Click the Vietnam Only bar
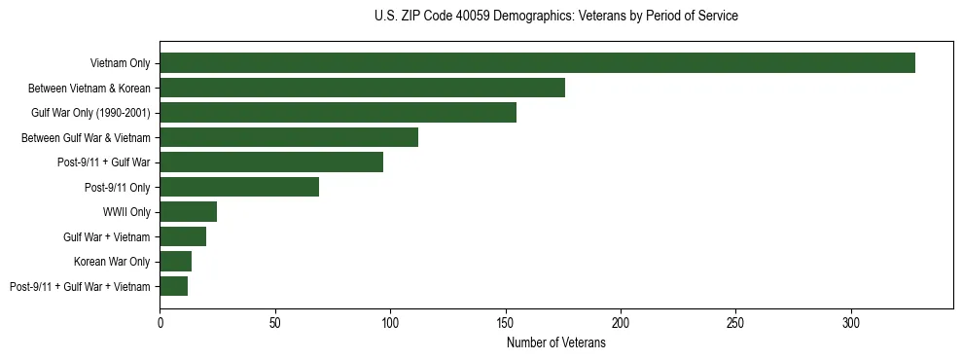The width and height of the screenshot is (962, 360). tap(537, 63)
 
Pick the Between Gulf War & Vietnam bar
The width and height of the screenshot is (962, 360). tap(289, 137)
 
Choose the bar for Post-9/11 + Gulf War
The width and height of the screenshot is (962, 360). tap(271, 162)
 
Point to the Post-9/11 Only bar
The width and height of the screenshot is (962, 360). tap(239, 187)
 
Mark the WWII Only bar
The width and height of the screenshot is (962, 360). tap(189, 212)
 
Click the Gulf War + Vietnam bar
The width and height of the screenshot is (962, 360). tap(183, 236)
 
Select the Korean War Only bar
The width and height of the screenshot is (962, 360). tap(176, 262)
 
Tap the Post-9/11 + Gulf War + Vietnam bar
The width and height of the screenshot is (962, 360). tap(174, 286)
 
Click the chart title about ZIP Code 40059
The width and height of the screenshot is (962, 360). tap(555, 17)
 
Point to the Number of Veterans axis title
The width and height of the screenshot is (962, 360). tap(555, 343)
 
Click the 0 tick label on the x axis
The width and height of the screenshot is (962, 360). tap(160, 322)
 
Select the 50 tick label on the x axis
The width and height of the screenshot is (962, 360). tap(275, 322)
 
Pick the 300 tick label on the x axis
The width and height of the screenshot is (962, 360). tap(851, 322)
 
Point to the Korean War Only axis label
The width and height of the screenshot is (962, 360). tap(112, 262)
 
